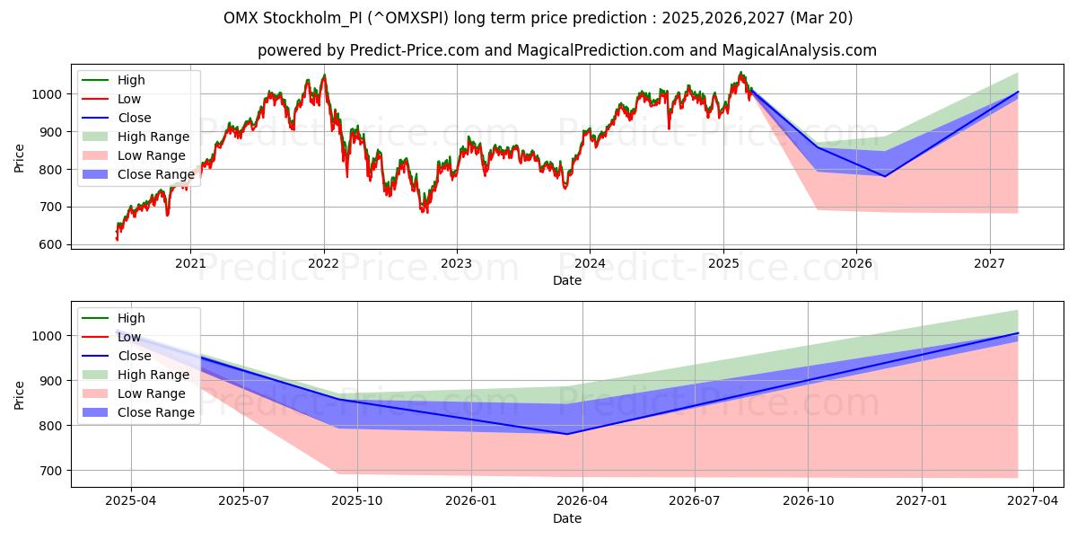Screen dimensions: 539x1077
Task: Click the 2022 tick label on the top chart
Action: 323,263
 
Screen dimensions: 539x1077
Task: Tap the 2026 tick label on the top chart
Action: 856,263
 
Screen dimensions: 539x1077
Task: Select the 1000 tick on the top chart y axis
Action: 47,94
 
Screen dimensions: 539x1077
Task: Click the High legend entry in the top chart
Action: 131,80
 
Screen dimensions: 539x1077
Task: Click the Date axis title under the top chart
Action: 567,280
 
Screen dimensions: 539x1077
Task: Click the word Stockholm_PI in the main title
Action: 343,18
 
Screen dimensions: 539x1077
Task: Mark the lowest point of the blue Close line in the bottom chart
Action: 566,434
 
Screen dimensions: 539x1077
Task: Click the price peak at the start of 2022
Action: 324,75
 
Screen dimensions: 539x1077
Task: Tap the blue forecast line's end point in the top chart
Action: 1018,92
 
